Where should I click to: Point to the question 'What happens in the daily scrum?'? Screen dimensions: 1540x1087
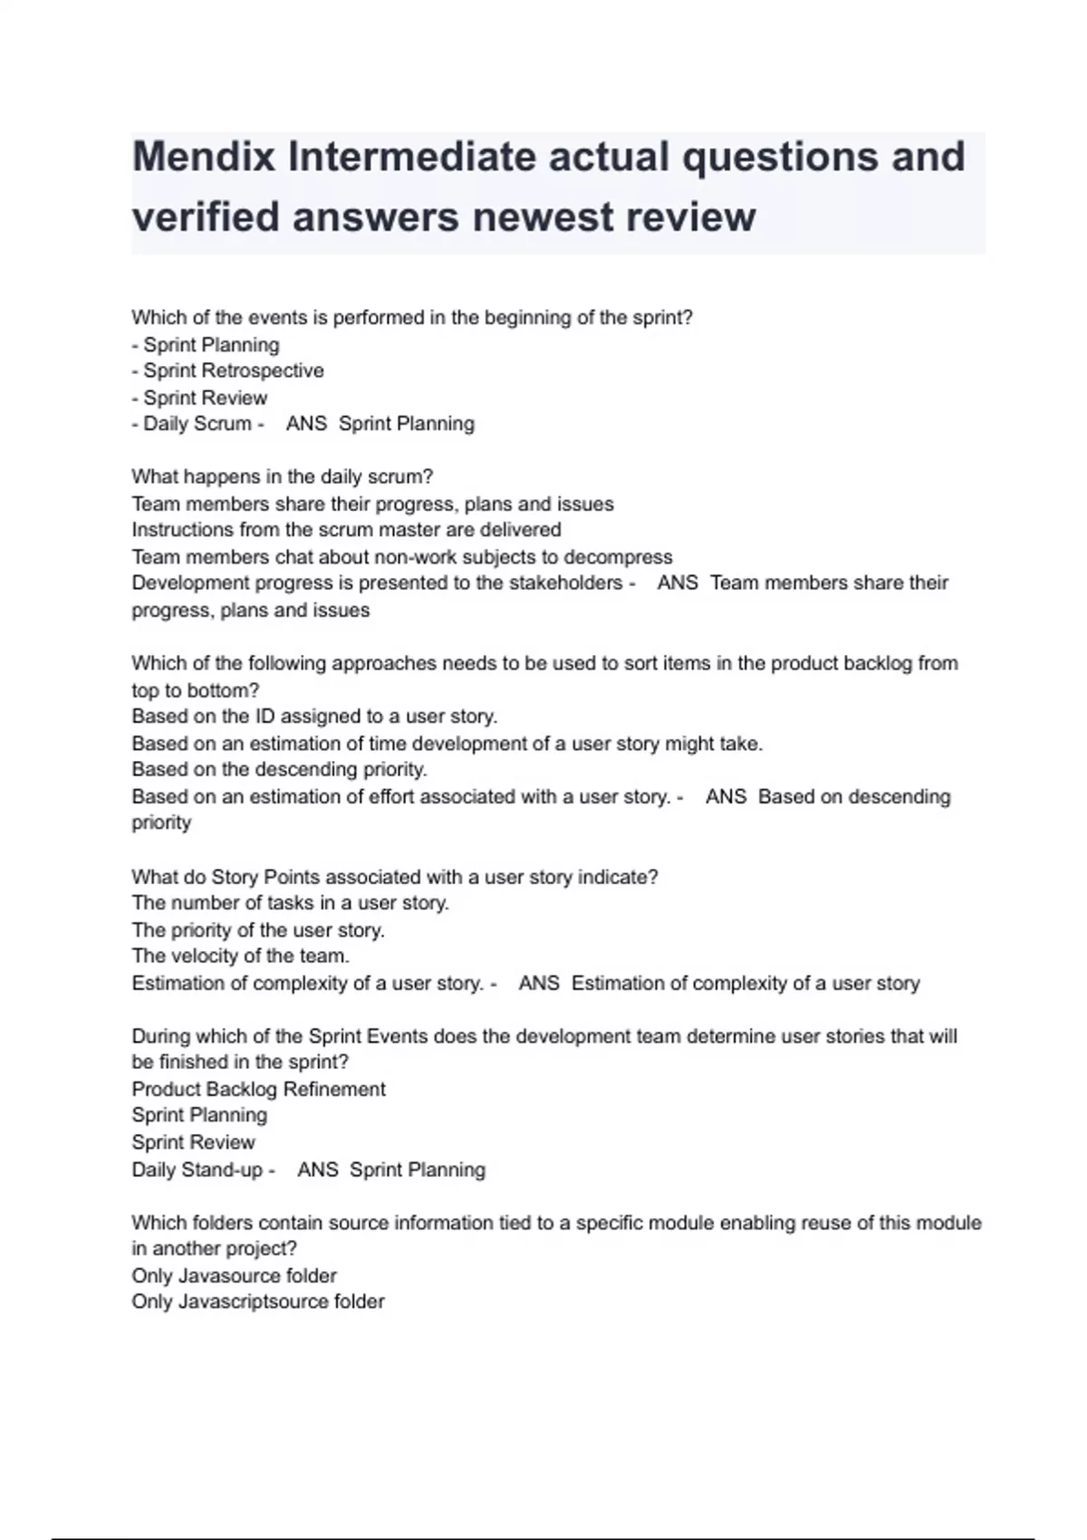point(282,476)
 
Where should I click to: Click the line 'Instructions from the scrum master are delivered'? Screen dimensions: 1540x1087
point(346,530)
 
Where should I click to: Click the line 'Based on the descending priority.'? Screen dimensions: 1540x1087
point(279,769)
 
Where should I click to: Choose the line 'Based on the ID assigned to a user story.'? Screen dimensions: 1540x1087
point(314,717)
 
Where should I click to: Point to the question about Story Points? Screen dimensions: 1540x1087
point(394,877)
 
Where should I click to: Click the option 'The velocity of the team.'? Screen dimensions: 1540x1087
point(240,956)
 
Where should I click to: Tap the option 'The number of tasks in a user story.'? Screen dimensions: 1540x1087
point(290,903)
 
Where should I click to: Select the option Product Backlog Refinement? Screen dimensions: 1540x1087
point(258,1089)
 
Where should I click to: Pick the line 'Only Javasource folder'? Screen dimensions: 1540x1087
point(234,1275)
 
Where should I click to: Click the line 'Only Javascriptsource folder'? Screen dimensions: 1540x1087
point(257,1302)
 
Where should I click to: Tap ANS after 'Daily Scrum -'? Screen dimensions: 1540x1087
point(306,424)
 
